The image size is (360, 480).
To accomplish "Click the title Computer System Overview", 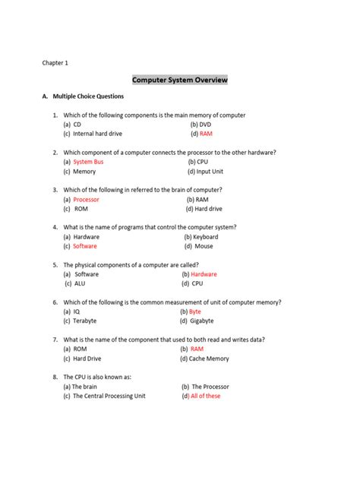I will [180, 80].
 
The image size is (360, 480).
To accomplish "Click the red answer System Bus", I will [88, 162].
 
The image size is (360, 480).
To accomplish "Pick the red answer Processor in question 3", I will [86, 199].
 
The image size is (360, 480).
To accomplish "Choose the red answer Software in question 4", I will [85, 246].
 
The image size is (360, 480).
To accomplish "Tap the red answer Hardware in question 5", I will [204, 274].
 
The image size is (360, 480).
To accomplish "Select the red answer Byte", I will [195, 311].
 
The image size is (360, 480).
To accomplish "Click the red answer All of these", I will [205, 396].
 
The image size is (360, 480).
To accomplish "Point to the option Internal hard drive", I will [97, 134].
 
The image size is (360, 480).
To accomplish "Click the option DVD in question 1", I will [205, 124].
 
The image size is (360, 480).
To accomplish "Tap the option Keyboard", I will [205, 237].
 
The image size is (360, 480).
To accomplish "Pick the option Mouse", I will [204, 246].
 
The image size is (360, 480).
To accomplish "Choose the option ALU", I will [80, 283].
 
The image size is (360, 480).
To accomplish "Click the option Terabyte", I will [84, 321].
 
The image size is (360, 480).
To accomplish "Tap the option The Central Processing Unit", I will [109, 396].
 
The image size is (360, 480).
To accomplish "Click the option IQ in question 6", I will [77, 311].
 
